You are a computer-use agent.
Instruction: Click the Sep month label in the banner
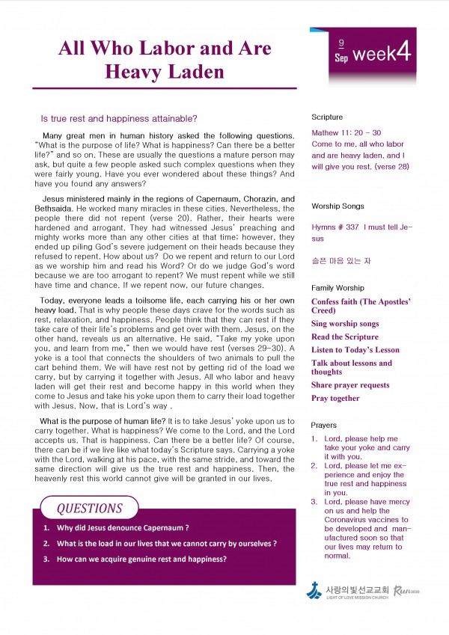coord(341,58)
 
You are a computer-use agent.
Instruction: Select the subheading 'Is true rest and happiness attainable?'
coord(119,118)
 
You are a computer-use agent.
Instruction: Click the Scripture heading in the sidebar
coord(327,117)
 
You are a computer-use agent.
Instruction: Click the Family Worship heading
coord(337,288)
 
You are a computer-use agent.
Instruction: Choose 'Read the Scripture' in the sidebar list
coord(345,337)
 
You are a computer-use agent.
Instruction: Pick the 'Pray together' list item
coord(335,399)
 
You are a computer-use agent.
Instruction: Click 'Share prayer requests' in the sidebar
coord(350,385)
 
